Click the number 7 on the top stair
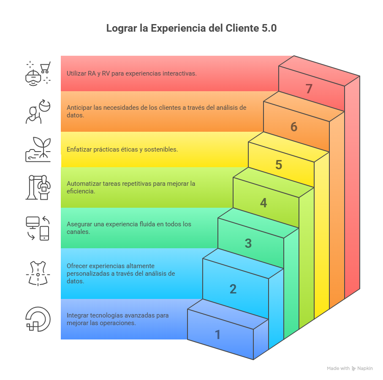point(309,89)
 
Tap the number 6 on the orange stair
point(294,127)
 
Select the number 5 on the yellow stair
point(279,165)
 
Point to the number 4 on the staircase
point(263,203)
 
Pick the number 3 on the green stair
point(248,243)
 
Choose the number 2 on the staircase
point(233,289)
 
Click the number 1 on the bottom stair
point(218,334)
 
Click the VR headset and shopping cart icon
point(38,73)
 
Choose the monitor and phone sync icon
point(38,228)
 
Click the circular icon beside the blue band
point(38,319)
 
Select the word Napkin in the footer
point(365,368)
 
